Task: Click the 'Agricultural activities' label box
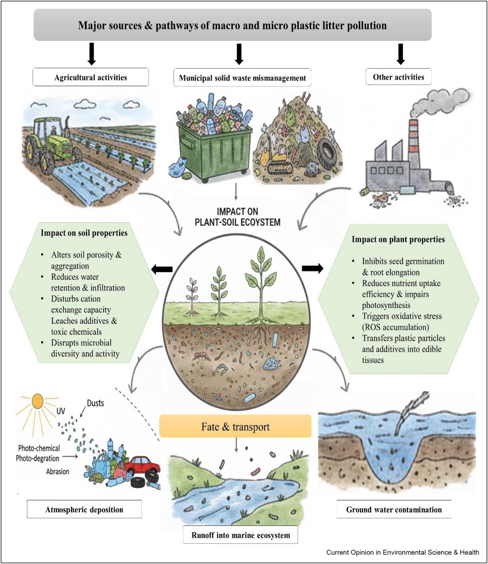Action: coord(90,77)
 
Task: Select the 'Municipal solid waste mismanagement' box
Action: coord(242,78)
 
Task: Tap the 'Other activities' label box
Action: coord(398,77)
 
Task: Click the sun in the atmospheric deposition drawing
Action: coord(37,401)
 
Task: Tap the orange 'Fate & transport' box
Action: coord(235,427)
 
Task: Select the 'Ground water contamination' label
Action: coord(394,509)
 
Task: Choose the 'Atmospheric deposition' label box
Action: coord(84,509)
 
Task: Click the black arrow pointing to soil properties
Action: coord(162,269)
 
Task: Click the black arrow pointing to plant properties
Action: coord(312,268)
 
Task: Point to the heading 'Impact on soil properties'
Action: coord(84,233)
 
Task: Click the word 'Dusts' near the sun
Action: coord(95,403)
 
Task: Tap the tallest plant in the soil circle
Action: coord(261,284)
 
